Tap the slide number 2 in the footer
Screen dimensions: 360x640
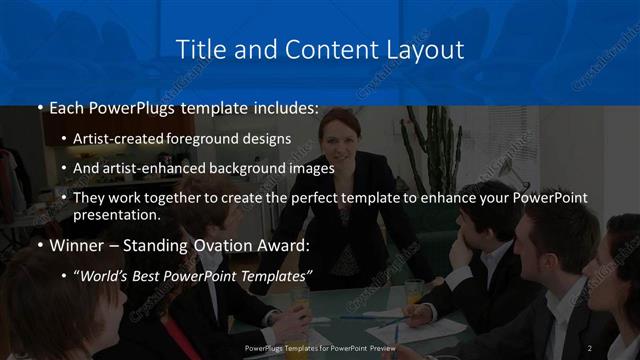click(589, 348)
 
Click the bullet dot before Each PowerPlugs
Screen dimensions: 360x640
click(40, 108)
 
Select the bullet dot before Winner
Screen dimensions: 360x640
click(40, 244)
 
